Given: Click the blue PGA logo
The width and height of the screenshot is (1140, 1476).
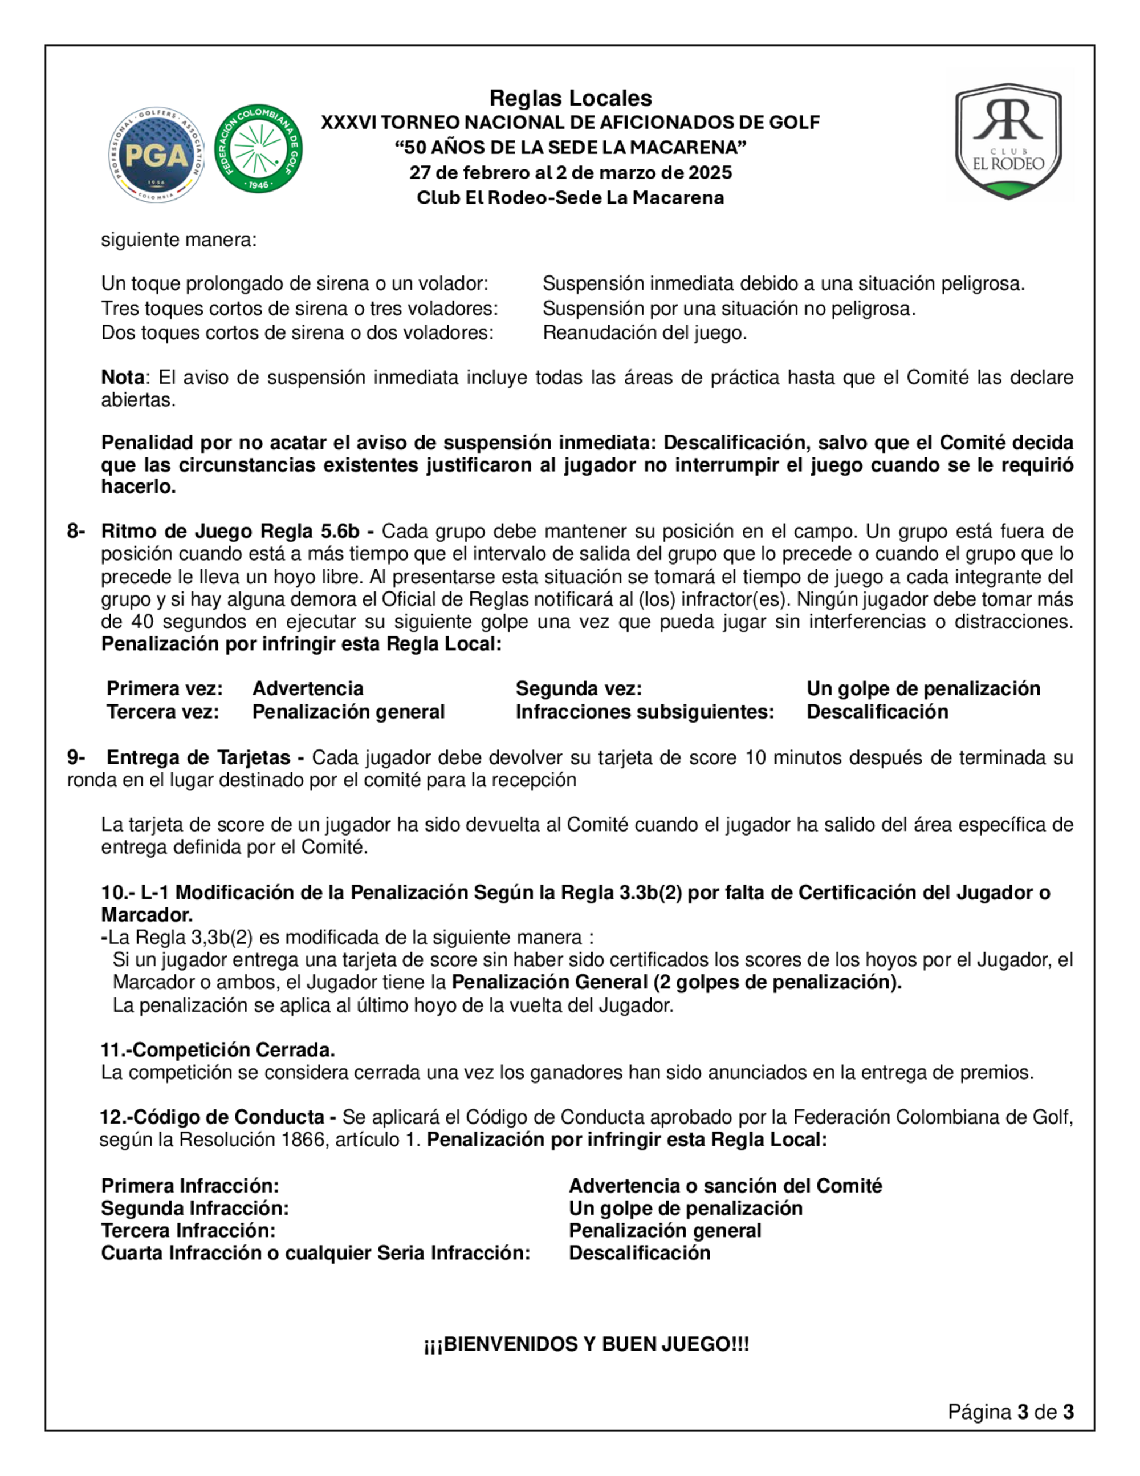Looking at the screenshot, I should tap(157, 155).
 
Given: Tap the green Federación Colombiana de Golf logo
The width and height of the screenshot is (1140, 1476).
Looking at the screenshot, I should tap(258, 149).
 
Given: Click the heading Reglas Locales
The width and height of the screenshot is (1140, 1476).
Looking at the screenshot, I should tap(570, 98).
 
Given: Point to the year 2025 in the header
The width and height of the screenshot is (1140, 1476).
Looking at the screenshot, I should tap(710, 172).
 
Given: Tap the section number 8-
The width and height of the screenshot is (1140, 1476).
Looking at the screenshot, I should tap(76, 530).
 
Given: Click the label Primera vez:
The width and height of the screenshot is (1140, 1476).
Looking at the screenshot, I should tap(165, 688).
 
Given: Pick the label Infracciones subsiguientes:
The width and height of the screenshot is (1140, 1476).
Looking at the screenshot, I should tap(644, 712).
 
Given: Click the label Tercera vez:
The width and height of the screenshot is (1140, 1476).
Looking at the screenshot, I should tap(163, 712).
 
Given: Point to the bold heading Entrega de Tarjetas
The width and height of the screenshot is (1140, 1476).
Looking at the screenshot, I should tap(198, 757).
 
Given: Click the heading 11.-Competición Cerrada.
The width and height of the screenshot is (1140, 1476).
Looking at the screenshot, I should tap(218, 1049).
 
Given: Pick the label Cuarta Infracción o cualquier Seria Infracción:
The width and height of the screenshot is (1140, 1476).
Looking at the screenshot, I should tap(315, 1252).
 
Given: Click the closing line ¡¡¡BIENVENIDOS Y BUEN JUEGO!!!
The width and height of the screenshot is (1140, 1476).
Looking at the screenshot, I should tap(586, 1344).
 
